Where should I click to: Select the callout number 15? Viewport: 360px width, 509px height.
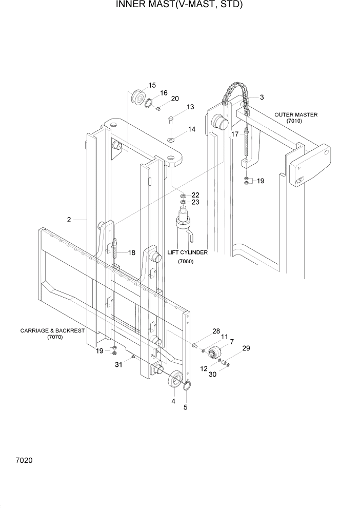click(x=152, y=85)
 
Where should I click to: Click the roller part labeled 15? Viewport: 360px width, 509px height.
click(x=138, y=97)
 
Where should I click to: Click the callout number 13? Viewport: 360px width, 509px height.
click(x=190, y=107)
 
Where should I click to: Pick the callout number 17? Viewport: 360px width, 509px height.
click(x=234, y=134)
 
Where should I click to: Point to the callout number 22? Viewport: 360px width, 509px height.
click(x=195, y=195)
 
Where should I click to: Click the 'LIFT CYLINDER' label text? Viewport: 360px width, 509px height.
click(x=188, y=252)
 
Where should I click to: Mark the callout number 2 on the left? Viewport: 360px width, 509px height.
click(x=69, y=220)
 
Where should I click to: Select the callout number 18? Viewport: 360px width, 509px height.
click(x=132, y=252)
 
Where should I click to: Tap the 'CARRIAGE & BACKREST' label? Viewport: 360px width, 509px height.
click(x=52, y=331)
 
